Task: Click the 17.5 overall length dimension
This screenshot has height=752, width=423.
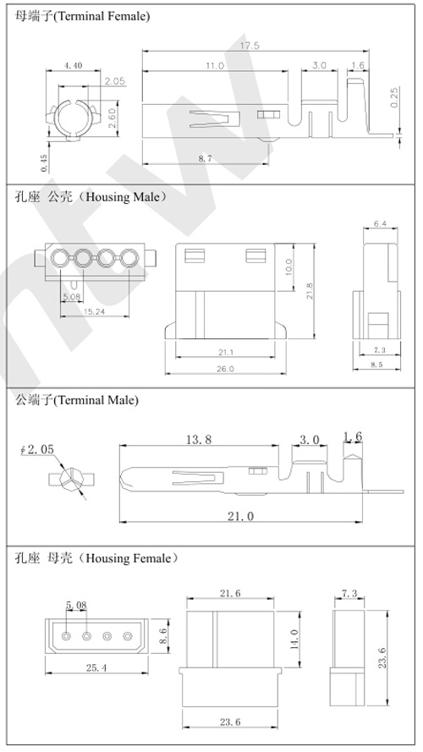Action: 250,46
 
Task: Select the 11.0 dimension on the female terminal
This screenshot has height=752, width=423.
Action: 213,65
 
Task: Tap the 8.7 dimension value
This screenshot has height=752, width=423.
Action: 204,158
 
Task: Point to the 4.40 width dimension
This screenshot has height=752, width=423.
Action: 73,65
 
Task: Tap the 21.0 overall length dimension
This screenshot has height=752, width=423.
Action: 241,516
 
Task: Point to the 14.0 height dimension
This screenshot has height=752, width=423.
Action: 292,635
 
